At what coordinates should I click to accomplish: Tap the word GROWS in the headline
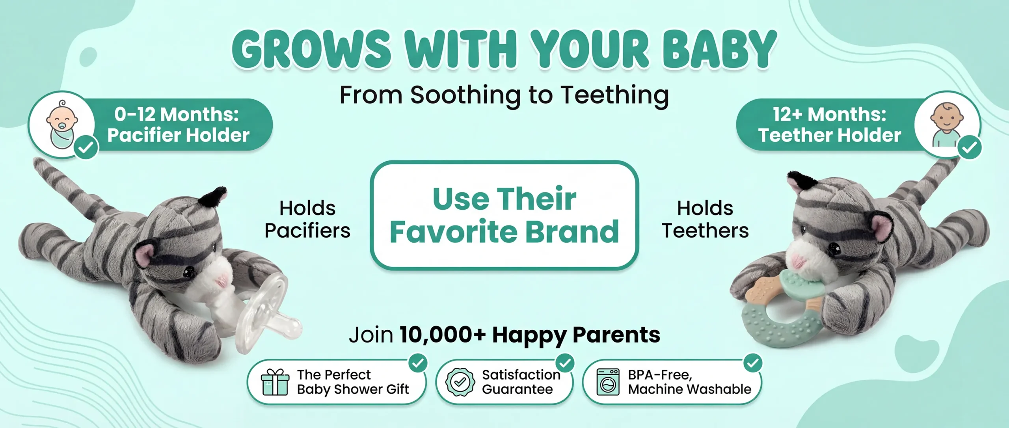(x=312, y=49)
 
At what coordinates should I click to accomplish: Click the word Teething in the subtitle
(x=615, y=96)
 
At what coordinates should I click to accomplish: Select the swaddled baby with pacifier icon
(x=62, y=124)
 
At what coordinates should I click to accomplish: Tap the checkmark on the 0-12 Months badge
(x=86, y=147)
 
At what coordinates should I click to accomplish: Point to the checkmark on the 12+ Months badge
(x=970, y=147)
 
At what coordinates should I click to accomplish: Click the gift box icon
(x=275, y=382)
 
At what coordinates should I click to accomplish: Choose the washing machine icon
(x=608, y=382)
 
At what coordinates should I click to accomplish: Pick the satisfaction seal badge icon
(x=460, y=382)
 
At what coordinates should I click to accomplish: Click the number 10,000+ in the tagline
(x=443, y=335)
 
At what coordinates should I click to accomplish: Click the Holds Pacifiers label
(x=307, y=219)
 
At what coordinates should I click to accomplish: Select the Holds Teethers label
(x=705, y=219)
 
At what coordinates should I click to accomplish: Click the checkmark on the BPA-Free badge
(x=753, y=363)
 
